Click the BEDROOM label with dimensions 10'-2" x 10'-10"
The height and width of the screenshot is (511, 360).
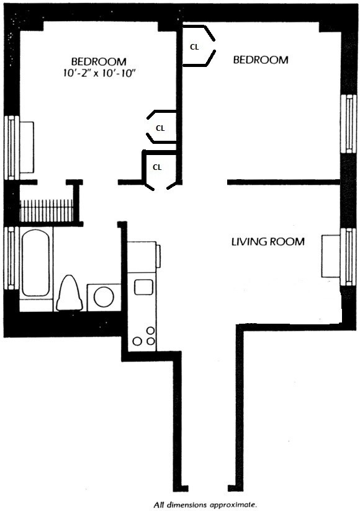pyautogui.click(x=99, y=61)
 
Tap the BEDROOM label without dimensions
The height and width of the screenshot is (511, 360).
pyautogui.click(x=260, y=60)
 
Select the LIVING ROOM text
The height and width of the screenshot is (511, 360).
pyautogui.click(x=267, y=241)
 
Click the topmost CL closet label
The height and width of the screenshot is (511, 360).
pyautogui.click(x=194, y=46)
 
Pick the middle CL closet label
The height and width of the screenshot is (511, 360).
pyautogui.click(x=160, y=128)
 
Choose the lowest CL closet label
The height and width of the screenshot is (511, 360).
pyautogui.click(x=157, y=167)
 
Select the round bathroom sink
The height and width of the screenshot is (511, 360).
pyautogui.click(x=103, y=296)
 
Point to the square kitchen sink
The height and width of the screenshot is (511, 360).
pyautogui.click(x=143, y=287)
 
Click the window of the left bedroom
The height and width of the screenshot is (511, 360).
pyautogui.click(x=11, y=148)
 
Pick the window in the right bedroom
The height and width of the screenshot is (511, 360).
pyautogui.click(x=349, y=124)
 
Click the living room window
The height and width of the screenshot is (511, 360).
pyautogui.click(x=349, y=257)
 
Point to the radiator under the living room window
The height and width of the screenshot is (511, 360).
pyautogui.click(x=330, y=257)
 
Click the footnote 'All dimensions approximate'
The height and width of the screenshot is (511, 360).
pyautogui.click(x=197, y=504)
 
